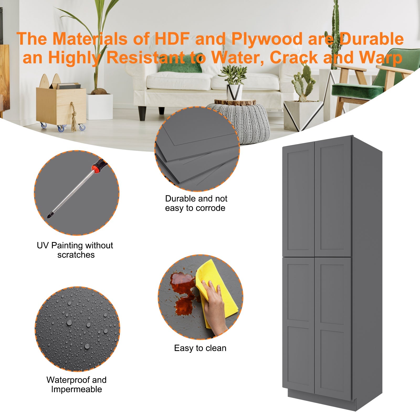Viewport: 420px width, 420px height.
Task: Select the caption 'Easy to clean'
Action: pyautogui.click(x=200, y=348)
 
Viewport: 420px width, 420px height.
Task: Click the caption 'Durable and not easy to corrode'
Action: pyautogui.click(x=196, y=203)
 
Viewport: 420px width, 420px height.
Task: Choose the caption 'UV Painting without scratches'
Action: pyautogui.click(x=75, y=250)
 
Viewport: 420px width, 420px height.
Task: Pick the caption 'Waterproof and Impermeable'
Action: pyautogui.click(x=76, y=385)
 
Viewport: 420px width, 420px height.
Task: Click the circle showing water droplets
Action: pyautogui.click(x=77, y=329)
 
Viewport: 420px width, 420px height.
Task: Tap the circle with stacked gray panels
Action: pyautogui.click(x=197, y=149)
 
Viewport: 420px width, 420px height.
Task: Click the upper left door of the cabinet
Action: pyautogui.click(x=298, y=201)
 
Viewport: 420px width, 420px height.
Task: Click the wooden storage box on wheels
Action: pyautogui.click(x=61, y=105)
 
